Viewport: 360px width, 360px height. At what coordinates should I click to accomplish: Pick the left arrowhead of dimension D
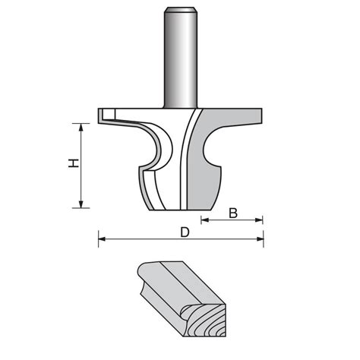pyautogui.click(x=101, y=241)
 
